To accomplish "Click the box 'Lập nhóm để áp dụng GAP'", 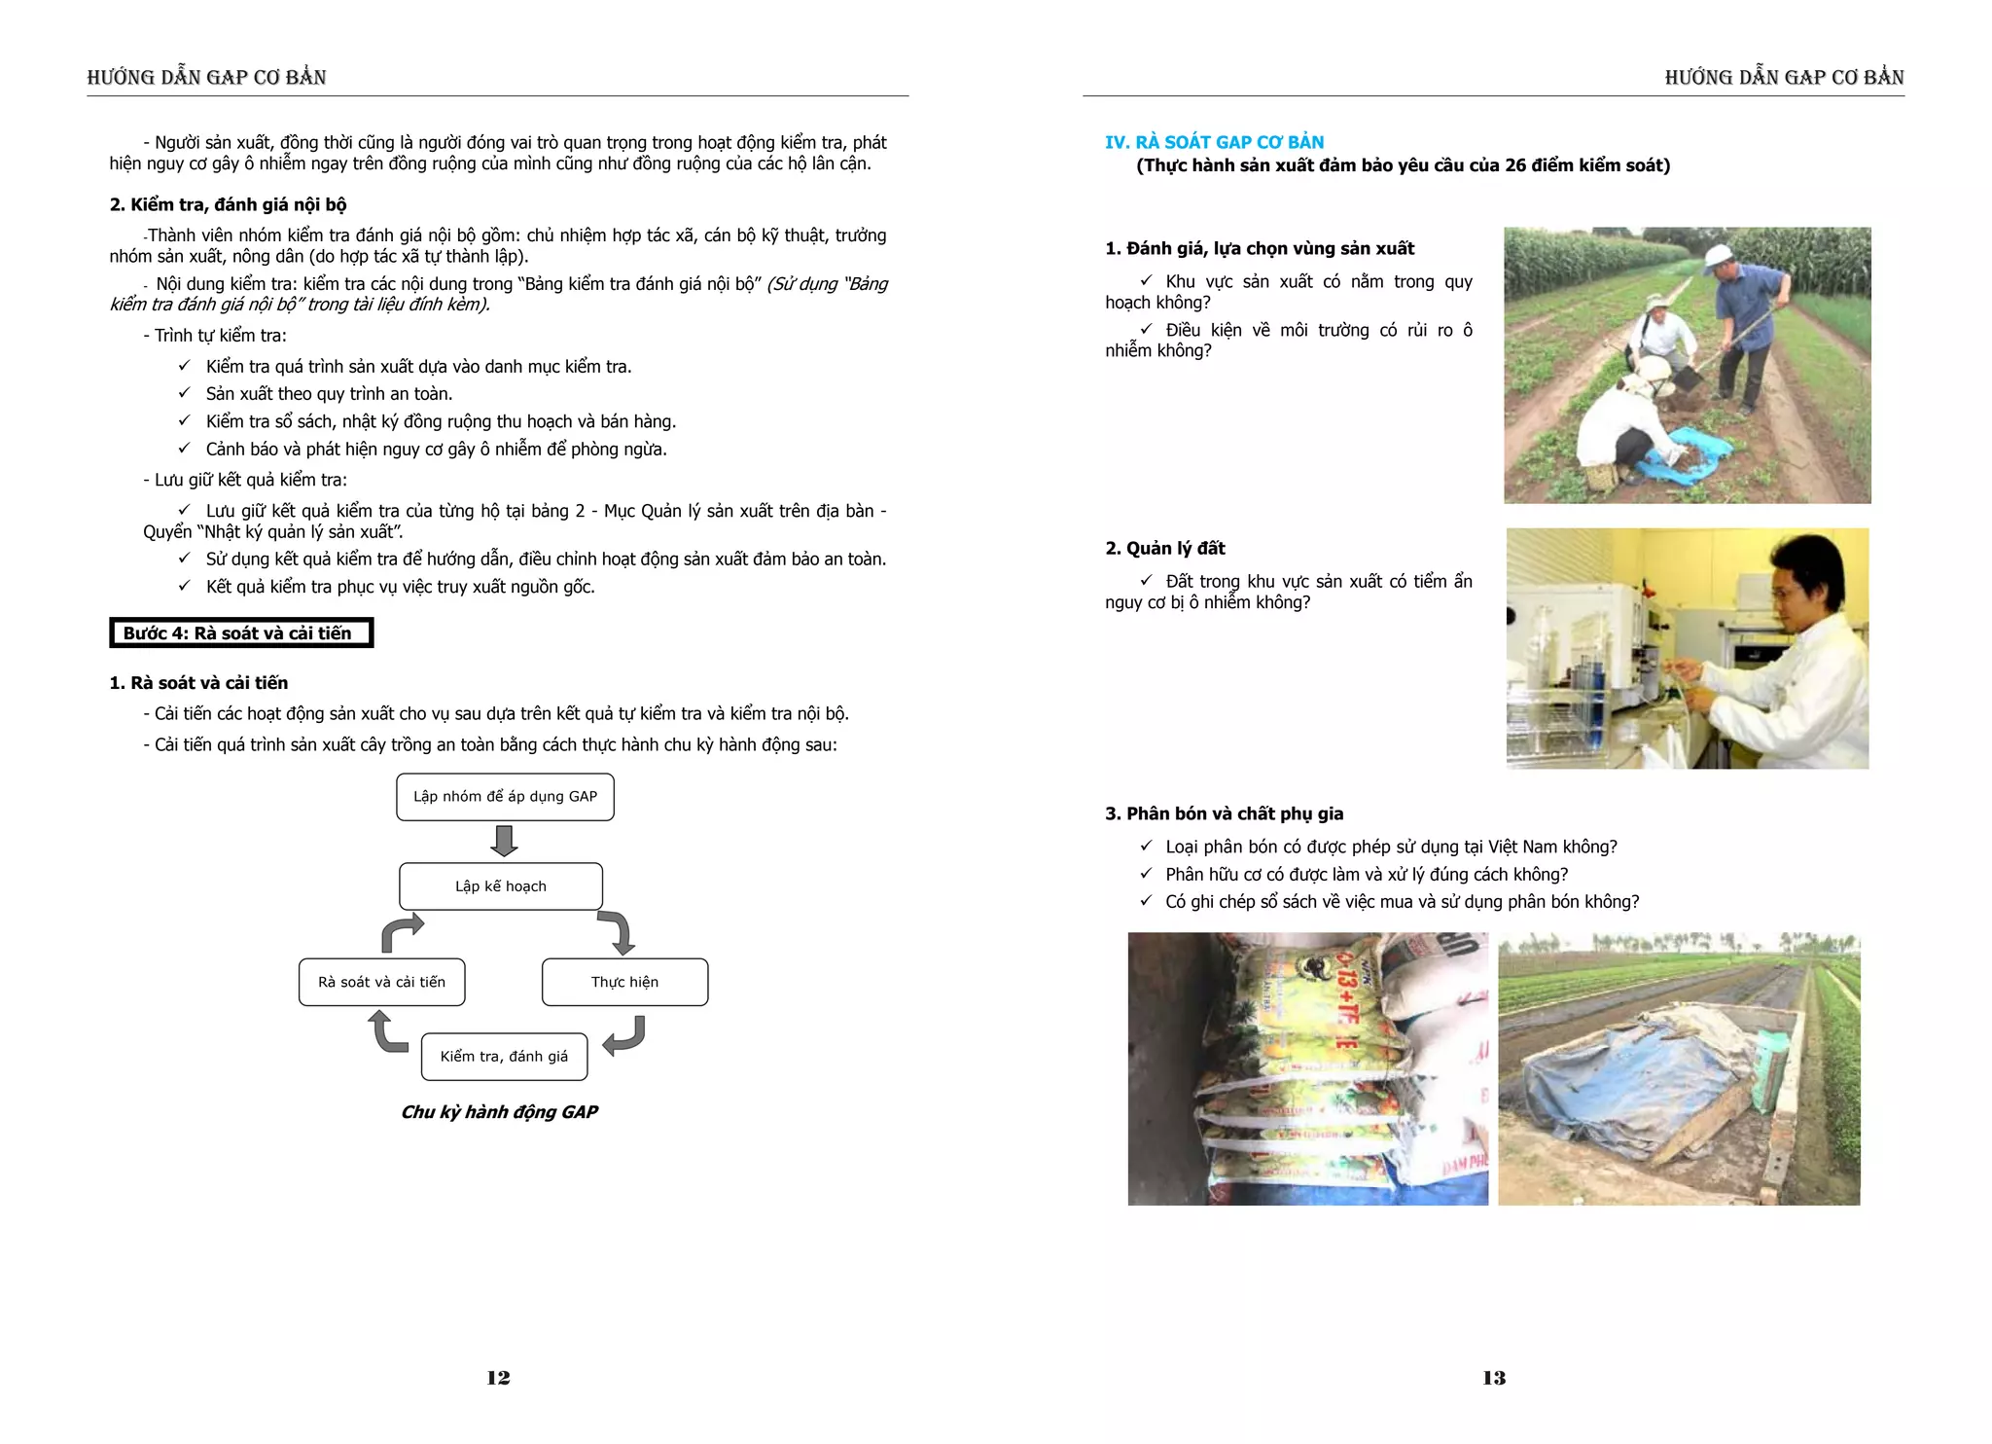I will point(505,797).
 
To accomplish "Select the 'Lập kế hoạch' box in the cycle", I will point(501,886).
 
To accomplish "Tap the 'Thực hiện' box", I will point(624,982).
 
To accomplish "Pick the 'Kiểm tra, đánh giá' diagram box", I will point(504,1057).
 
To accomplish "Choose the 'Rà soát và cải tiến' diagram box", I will point(381,982).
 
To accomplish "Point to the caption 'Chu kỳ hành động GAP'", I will point(499,1112).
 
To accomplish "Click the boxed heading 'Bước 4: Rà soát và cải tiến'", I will point(240,633).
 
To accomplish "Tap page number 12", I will point(498,1378).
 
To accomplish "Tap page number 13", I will point(1494,1378).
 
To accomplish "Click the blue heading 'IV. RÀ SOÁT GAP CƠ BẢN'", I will point(1214,142).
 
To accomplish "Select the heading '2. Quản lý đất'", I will point(1164,549).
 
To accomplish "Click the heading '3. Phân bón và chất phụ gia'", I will point(1224,813).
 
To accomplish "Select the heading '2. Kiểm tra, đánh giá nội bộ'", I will point(228,204).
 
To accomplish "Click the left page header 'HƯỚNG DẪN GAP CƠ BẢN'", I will point(206,78).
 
